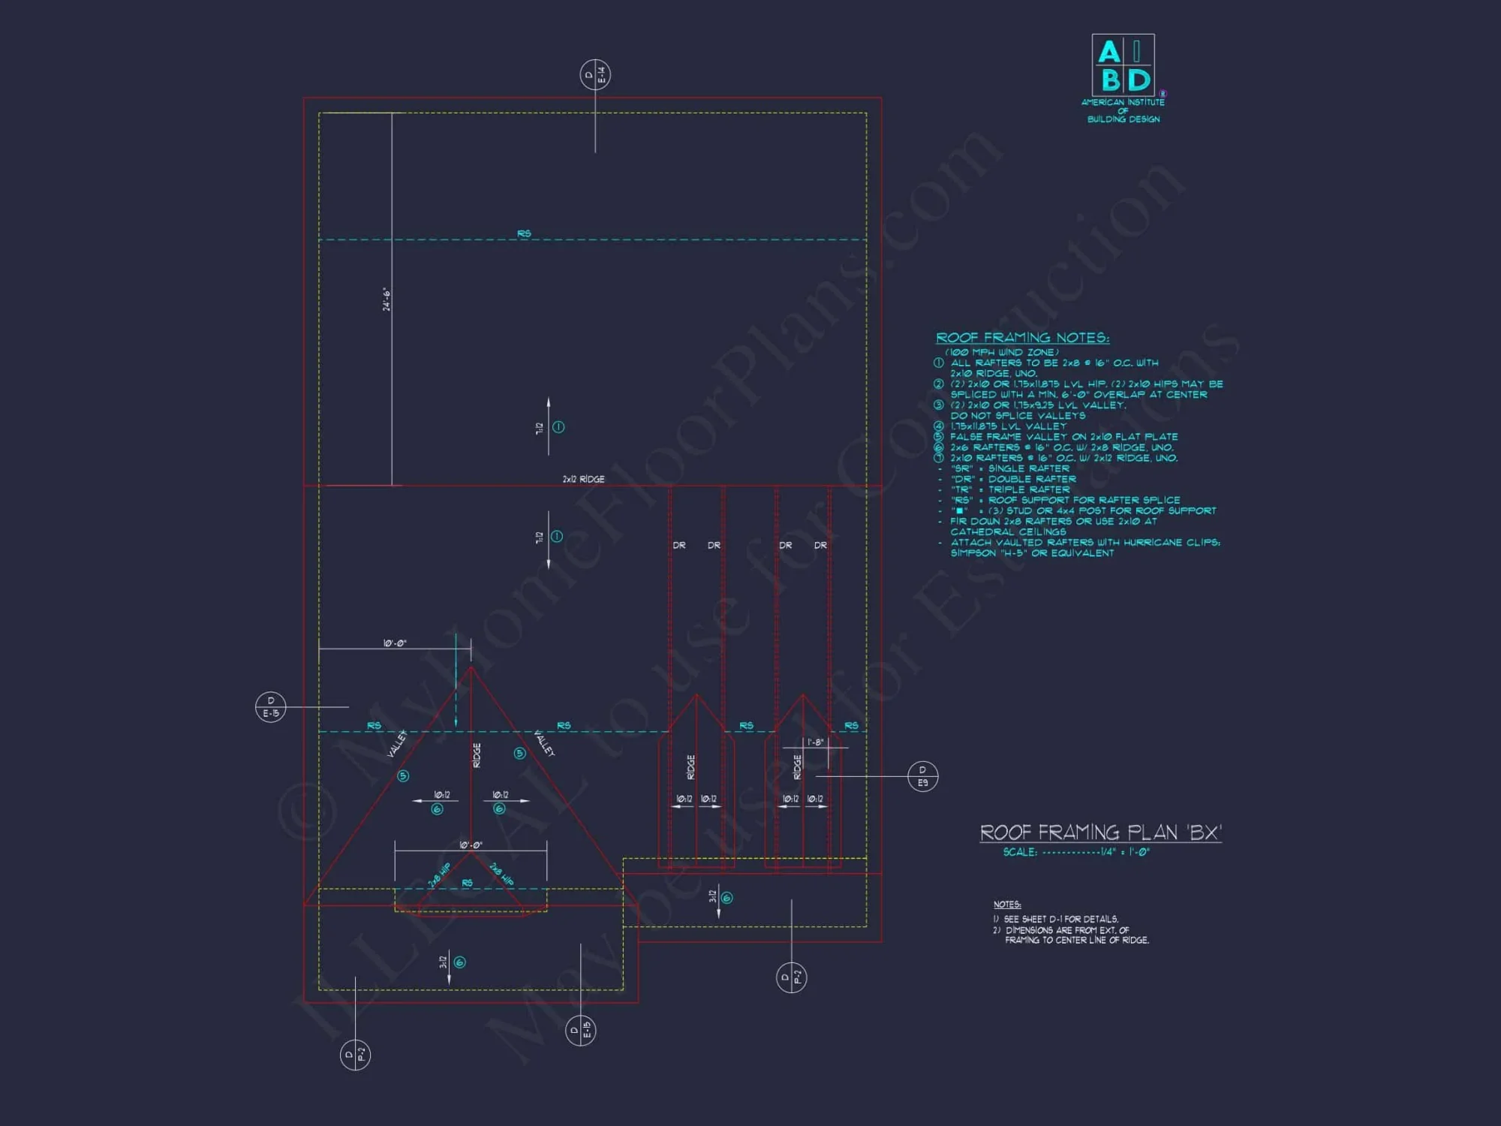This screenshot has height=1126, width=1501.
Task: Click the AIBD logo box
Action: point(1123,65)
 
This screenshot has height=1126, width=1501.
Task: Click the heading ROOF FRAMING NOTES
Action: point(1022,338)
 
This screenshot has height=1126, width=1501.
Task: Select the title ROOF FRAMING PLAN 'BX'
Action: point(1100,832)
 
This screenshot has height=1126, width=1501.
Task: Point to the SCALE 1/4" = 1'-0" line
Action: point(1075,852)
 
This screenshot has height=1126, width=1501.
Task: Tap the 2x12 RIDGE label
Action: point(583,479)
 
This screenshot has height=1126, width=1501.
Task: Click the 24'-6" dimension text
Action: point(387,299)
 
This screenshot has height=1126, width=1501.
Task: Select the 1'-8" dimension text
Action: point(815,742)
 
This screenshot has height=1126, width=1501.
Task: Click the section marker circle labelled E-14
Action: point(595,75)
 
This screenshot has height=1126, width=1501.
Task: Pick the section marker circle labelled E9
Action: point(922,776)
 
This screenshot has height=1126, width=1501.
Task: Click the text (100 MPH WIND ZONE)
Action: point(1001,352)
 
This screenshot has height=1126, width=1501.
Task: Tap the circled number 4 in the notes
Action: point(938,426)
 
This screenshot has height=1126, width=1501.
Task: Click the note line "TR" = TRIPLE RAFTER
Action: point(1010,489)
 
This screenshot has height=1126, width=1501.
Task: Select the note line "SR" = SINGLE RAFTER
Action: point(1009,468)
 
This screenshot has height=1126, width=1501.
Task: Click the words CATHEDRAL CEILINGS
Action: point(1008,531)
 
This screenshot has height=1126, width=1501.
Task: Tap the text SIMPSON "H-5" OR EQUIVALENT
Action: point(1032,553)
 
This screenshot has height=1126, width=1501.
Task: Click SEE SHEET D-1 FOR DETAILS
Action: point(1060,919)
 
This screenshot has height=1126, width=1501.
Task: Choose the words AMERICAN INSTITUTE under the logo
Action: point(1123,102)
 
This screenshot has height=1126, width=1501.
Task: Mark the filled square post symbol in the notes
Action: point(960,510)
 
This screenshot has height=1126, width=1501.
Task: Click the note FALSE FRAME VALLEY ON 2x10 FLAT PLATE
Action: point(1063,436)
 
